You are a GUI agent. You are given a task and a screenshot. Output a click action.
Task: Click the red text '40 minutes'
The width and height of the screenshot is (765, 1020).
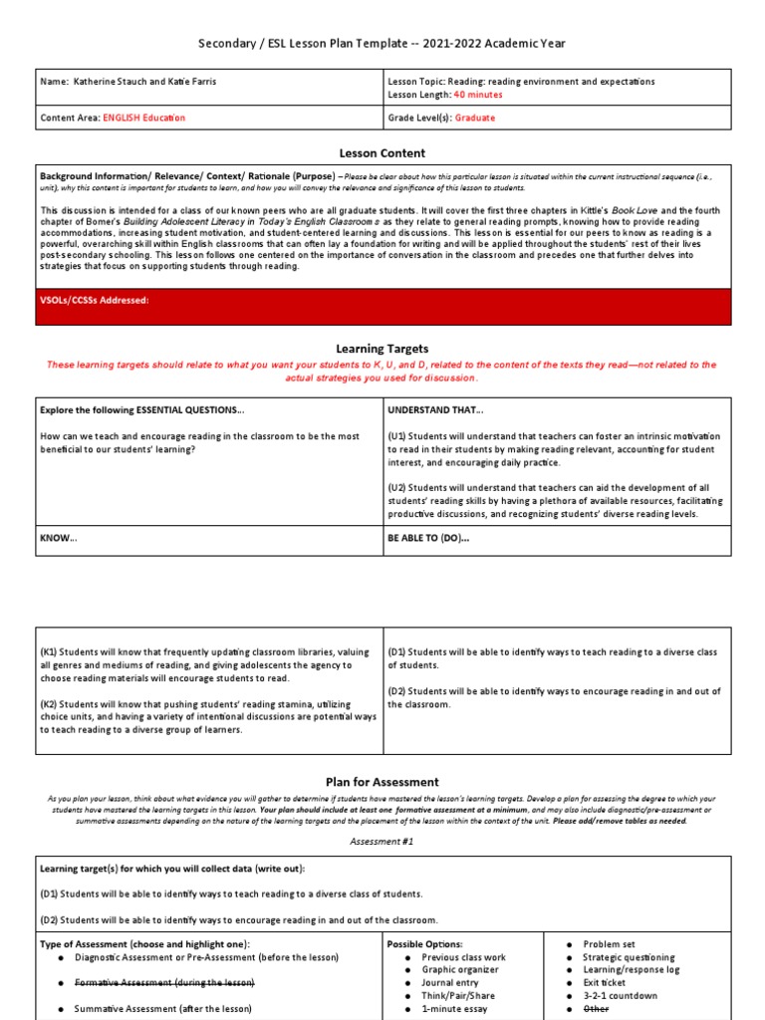pos(478,95)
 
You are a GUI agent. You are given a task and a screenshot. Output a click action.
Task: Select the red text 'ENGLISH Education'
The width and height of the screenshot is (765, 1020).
pos(143,119)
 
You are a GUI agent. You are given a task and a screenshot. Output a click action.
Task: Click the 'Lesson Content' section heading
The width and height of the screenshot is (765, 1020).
pos(382,152)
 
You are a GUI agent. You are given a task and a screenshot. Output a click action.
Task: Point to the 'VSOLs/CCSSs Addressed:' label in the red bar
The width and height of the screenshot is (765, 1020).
pos(95,300)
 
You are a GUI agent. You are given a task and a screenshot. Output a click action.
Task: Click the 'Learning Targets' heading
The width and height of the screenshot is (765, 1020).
pos(382,349)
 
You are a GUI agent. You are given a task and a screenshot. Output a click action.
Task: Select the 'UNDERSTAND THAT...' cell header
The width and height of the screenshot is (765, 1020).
pos(435,410)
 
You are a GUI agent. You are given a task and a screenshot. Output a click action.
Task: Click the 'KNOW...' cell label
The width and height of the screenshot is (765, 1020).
pos(58,538)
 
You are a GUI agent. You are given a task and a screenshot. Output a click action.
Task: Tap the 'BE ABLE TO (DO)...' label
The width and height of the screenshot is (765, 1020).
pos(428,538)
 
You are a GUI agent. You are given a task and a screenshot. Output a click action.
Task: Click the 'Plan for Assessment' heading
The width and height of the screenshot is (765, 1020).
pos(382,782)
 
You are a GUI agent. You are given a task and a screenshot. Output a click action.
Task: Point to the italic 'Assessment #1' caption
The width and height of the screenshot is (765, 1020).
pos(382,842)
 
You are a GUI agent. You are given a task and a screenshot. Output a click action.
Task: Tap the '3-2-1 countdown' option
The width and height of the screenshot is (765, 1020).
pos(620,996)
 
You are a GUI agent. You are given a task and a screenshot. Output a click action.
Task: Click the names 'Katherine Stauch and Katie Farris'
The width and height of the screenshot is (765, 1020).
pos(148,81)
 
